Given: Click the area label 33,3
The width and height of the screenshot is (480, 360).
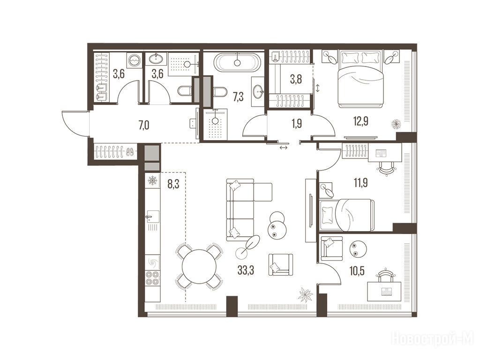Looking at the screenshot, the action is click(x=246, y=270).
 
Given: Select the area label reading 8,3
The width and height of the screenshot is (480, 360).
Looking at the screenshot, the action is click(x=173, y=184).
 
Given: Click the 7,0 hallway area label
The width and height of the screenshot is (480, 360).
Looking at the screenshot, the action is click(x=144, y=125).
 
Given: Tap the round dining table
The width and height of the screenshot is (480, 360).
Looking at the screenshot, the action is click(x=199, y=266).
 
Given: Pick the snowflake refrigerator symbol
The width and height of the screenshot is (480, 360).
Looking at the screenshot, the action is click(x=152, y=180).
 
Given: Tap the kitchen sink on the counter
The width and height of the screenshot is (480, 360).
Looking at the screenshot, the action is click(x=152, y=217).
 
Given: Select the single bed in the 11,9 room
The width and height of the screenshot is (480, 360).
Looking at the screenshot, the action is click(x=346, y=215).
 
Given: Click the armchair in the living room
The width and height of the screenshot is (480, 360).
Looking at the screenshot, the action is click(x=280, y=265).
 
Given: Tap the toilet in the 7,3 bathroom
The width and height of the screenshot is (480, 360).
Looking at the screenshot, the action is click(x=220, y=91).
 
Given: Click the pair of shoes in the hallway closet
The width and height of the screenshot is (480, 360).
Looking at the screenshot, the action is click(x=130, y=151).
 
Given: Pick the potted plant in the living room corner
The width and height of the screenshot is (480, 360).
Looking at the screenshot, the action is click(x=306, y=294).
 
